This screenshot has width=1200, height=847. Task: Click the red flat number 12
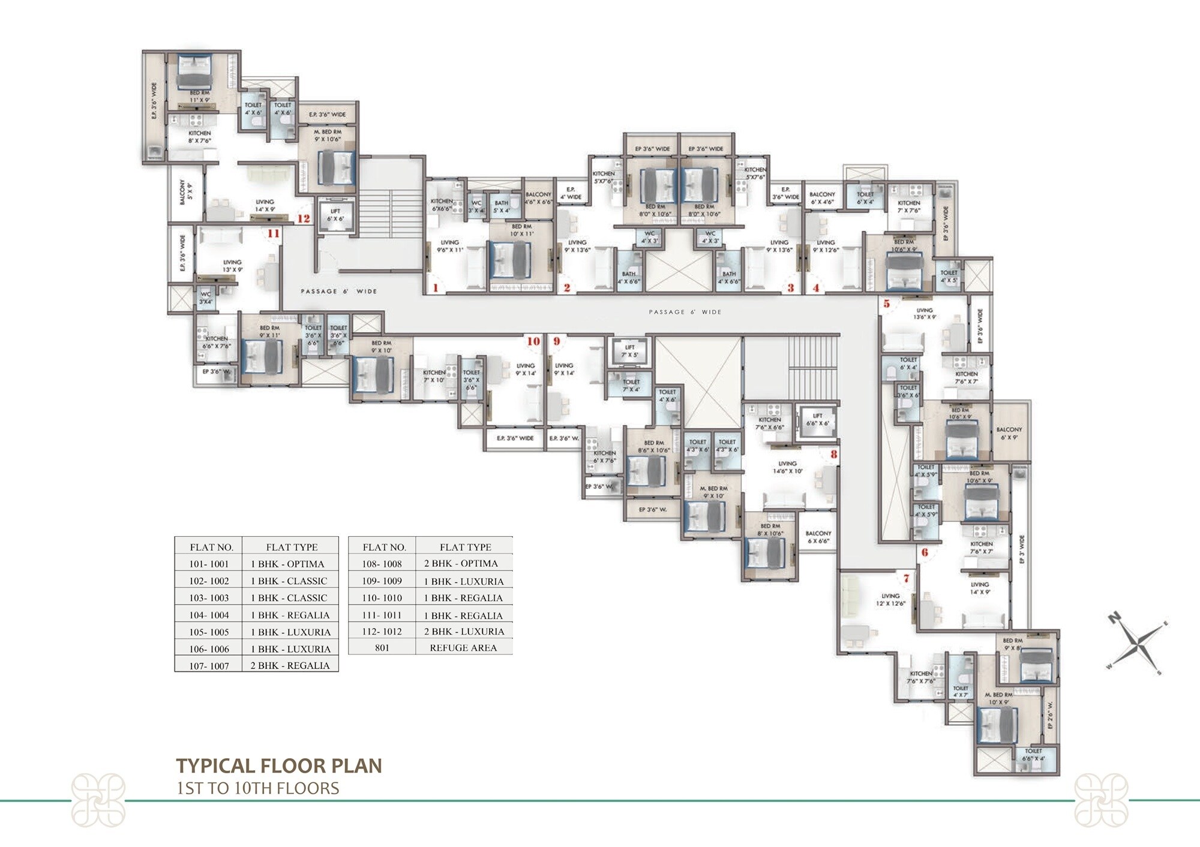304,218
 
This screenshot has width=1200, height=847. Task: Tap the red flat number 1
436,288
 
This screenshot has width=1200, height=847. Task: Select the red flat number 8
833,454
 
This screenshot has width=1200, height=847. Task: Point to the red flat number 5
886,304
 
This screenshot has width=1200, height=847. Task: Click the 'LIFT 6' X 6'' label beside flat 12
335,215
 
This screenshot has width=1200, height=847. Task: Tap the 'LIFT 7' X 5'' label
629,351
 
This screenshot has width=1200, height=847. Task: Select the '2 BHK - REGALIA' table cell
290,665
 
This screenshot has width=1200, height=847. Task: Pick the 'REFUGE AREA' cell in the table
463,648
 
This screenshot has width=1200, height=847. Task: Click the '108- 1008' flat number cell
382,564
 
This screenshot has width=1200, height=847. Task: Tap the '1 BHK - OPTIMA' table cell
287,564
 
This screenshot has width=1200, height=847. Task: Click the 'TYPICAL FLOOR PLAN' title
279,765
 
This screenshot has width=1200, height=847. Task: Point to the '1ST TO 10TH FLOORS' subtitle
258,788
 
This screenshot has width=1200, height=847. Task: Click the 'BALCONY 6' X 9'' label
1009,433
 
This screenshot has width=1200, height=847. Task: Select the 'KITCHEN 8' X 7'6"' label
200,137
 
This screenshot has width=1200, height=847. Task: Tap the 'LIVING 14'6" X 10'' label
787,467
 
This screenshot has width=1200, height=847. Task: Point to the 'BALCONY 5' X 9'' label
185,193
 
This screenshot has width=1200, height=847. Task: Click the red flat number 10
533,341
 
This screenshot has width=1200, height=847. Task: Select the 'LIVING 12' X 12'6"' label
890,600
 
